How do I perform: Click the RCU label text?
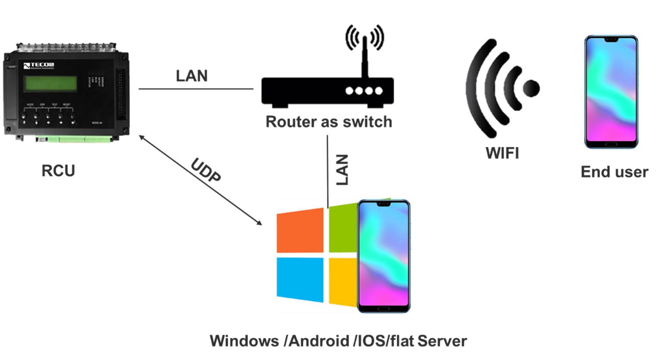click(x=58, y=171)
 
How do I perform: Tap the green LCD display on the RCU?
click(x=51, y=83)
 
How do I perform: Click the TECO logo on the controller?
click(x=39, y=66)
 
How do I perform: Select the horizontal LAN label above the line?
click(x=192, y=76)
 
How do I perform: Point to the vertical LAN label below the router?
click(x=342, y=170)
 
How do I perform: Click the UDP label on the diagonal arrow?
click(x=206, y=170)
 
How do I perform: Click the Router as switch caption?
click(x=329, y=122)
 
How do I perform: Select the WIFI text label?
click(x=502, y=153)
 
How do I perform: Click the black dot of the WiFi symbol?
click(x=531, y=88)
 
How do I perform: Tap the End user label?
click(x=614, y=172)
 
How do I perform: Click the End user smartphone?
click(x=611, y=92)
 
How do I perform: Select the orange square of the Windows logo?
click(x=300, y=231)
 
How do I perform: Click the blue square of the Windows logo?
click(x=300, y=279)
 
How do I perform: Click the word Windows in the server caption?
click(x=244, y=341)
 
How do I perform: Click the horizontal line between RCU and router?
click(x=196, y=89)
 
